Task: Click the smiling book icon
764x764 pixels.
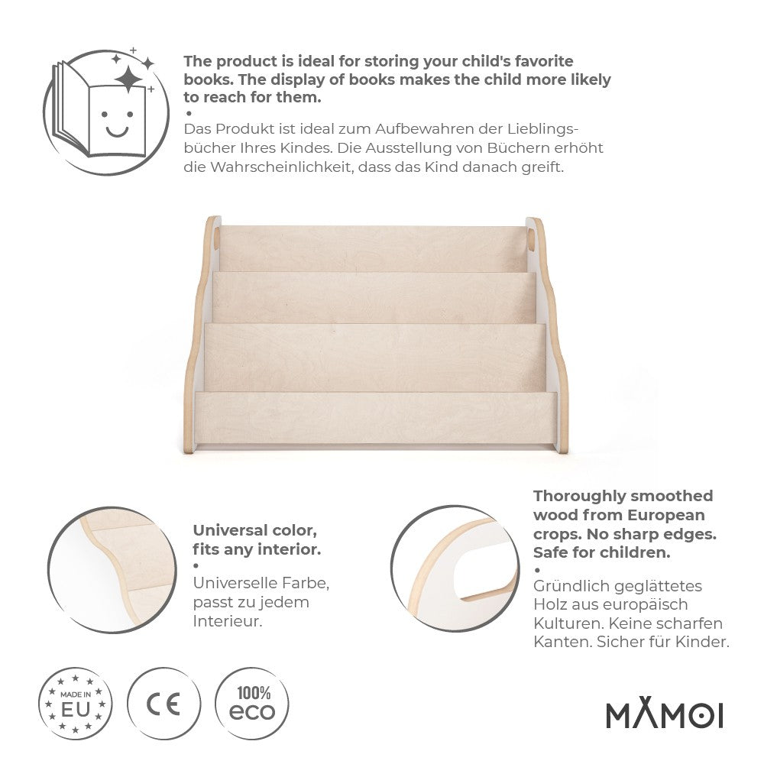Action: pyautogui.click(x=103, y=107)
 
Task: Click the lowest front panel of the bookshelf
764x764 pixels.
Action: pyautogui.click(x=376, y=419)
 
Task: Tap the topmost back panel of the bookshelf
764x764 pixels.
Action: pyautogui.click(x=372, y=246)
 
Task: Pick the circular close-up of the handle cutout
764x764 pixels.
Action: pyautogui.click(x=455, y=569)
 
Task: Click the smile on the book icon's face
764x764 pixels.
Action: pyautogui.click(x=117, y=130)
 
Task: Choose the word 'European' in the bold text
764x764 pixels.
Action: pyautogui.click(x=666, y=515)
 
